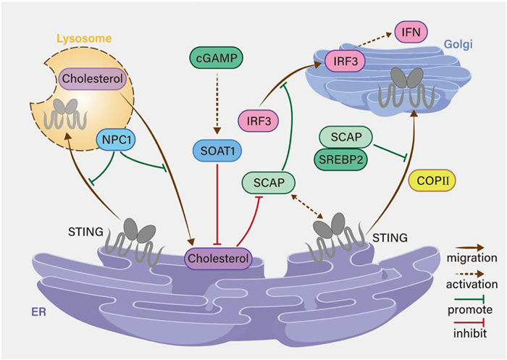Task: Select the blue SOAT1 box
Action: pyautogui.click(x=217, y=151)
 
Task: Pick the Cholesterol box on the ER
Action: pyautogui.click(x=219, y=257)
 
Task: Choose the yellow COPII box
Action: pyautogui.click(x=431, y=179)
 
